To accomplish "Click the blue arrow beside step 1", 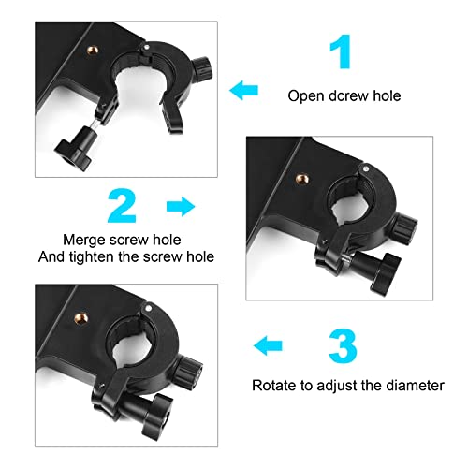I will (x=246, y=90).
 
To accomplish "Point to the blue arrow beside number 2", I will (x=179, y=203).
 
